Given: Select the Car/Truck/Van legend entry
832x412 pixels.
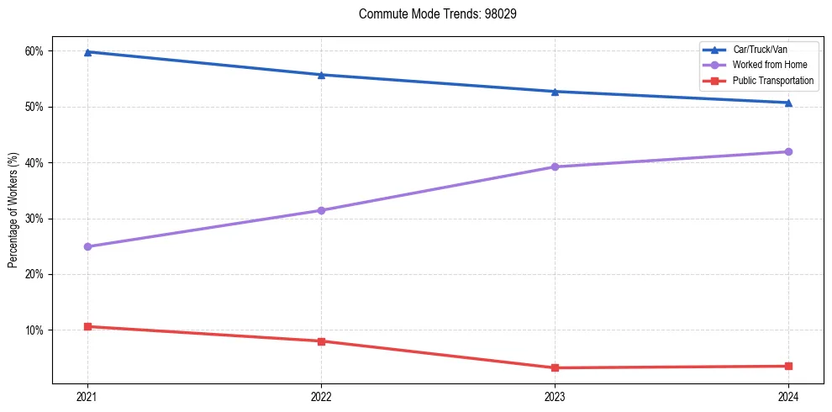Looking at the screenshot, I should click(x=760, y=50).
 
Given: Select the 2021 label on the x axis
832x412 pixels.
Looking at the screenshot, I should click(x=87, y=396).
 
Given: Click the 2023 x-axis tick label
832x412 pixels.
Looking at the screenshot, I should click(x=555, y=396).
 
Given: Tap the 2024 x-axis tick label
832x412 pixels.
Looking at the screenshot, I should click(x=788, y=396).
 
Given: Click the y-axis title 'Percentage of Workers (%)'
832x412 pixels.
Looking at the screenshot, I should click(x=13, y=210).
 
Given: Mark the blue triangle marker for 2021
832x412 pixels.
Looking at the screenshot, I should click(x=87, y=52).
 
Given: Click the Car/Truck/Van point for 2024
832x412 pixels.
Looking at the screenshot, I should click(x=788, y=103).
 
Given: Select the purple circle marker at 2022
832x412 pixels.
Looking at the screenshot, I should click(x=321, y=210).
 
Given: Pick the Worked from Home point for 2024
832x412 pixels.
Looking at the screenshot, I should click(x=788, y=151).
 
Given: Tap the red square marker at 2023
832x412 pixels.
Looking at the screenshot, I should click(x=555, y=367).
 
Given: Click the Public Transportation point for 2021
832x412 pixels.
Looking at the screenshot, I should click(x=87, y=326).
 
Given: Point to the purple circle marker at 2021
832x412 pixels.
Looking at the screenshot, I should click(x=87, y=246).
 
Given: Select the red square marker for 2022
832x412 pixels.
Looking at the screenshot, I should click(x=321, y=341).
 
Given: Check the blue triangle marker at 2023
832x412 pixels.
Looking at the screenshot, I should click(x=555, y=92).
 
